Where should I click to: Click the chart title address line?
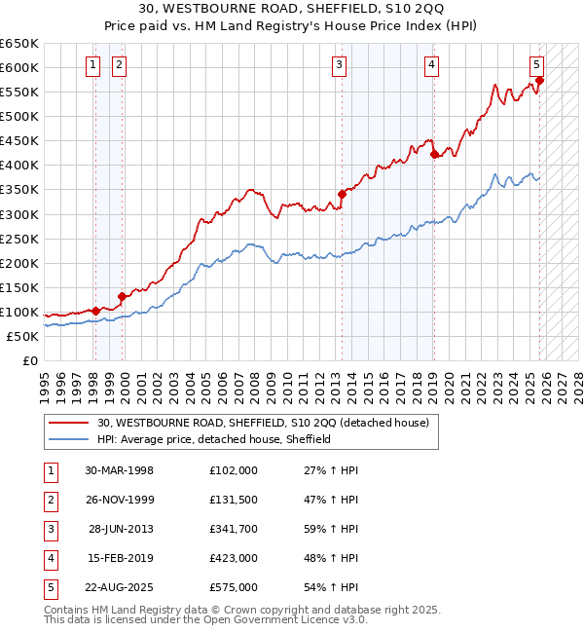[x=292, y=10]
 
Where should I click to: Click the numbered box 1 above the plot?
[x=92, y=65]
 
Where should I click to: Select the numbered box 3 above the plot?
[x=339, y=65]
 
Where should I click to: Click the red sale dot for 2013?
[x=343, y=194]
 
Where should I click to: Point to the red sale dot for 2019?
[x=434, y=154]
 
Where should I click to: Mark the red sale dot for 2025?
[x=540, y=80]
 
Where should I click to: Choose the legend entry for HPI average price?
[x=214, y=439]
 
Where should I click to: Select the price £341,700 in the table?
[x=234, y=529]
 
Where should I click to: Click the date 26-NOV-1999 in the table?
[x=120, y=500]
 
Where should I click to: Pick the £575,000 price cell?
[x=234, y=587]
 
